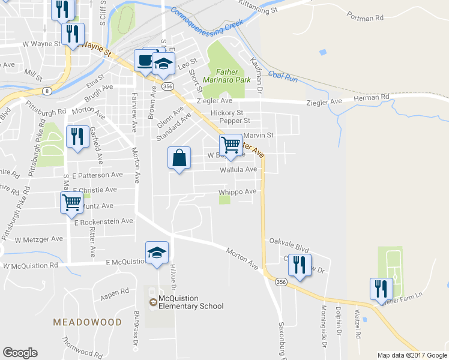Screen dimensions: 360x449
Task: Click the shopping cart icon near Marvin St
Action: tap(231, 145)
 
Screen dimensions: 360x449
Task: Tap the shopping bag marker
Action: tap(179, 158)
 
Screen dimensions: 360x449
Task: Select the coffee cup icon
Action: tap(145, 61)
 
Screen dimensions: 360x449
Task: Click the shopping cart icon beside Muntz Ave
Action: tap(71, 202)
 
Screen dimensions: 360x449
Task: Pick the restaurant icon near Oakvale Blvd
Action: tap(298, 265)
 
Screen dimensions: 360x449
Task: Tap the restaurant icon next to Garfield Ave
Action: tap(76, 137)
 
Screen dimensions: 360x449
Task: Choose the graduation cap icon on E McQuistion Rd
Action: tap(157, 253)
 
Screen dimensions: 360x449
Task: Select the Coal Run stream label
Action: tap(283, 76)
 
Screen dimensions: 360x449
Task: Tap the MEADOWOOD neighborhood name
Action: tap(87, 322)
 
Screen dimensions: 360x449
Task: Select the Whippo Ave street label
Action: tap(237, 191)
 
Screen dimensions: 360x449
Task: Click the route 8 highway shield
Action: tap(47, 91)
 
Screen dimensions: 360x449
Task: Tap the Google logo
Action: tap(20, 353)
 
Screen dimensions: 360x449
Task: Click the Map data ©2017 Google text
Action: tap(412, 355)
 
